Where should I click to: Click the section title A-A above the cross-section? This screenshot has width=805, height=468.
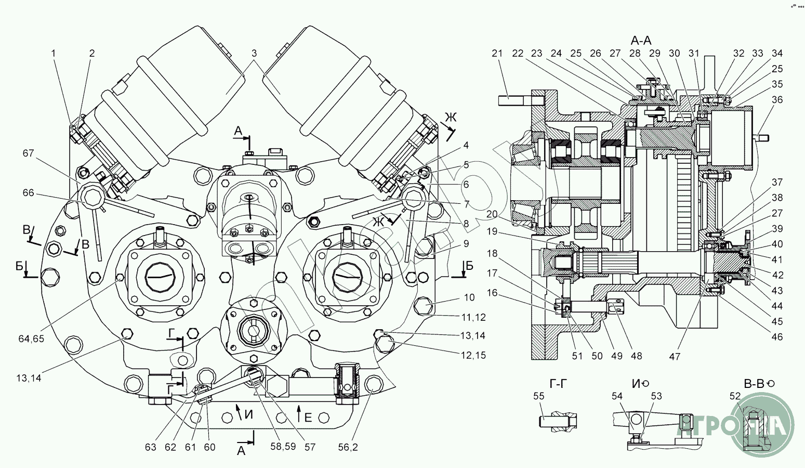pyautogui.click(x=641, y=41)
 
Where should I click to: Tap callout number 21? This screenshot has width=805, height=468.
pyautogui.click(x=497, y=54)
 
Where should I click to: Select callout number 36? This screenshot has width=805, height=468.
pyautogui.click(x=777, y=100)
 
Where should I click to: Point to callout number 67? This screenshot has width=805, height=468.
pyautogui.click(x=28, y=153)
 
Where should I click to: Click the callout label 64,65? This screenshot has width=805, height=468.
pyautogui.click(x=31, y=339)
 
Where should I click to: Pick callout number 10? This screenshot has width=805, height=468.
pyautogui.click(x=469, y=297)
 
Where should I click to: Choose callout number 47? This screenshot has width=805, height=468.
pyautogui.click(x=675, y=357)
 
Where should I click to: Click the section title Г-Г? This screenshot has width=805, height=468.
pyautogui.click(x=558, y=384)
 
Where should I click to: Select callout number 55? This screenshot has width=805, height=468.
pyautogui.click(x=539, y=396)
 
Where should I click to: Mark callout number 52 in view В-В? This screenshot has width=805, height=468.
pyautogui.click(x=735, y=396)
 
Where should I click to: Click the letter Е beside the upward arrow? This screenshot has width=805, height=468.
pyautogui.click(x=308, y=417)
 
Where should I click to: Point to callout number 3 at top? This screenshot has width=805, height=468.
pyautogui.click(x=254, y=54)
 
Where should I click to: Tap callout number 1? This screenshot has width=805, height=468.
pyautogui.click(x=54, y=54)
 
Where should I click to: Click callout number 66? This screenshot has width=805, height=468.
pyautogui.click(x=28, y=193)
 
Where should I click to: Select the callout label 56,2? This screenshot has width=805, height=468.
pyautogui.click(x=348, y=447)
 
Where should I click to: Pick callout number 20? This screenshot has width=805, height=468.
pyautogui.click(x=492, y=214)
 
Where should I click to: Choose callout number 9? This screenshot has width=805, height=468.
pyautogui.click(x=466, y=243)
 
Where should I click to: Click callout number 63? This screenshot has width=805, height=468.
pyautogui.click(x=150, y=447)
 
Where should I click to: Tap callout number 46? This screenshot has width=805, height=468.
pyautogui.click(x=777, y=337)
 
